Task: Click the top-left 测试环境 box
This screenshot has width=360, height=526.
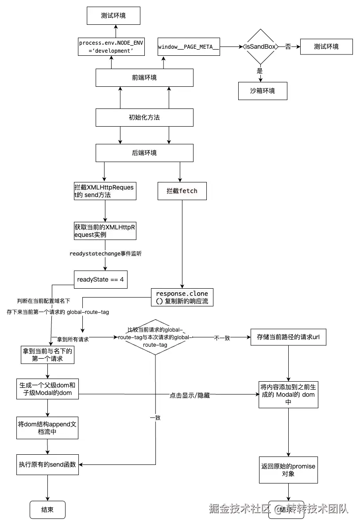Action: tap(113, 15)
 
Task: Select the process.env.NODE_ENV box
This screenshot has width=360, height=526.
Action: tap(111, 47)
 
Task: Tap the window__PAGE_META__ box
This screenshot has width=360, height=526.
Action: tap(189, 46)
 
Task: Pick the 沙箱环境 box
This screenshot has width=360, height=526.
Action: tap(262, 90)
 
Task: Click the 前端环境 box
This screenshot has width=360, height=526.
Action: tap(144, 77)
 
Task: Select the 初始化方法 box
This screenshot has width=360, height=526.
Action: tap(144, 117)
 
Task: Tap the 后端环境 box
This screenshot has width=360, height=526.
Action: tap(144, 153)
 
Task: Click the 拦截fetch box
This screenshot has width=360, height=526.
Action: tap(182, 191)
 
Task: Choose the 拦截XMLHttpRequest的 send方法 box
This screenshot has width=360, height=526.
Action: tap(105, 191)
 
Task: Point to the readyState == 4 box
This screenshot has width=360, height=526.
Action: tap(100, 279)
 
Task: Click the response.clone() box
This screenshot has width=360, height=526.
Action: tap(182, 297)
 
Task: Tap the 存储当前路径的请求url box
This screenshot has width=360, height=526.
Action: tap(288, 337)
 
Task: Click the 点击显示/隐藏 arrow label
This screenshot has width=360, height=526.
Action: tap(190, 395)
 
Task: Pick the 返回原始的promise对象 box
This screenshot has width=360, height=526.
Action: tap(288, 470)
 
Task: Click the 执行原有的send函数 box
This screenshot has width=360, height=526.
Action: tap(47, 464)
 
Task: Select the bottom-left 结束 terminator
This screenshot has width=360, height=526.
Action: tap(47, 510)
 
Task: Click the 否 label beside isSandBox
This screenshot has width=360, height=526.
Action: tap(288, 46)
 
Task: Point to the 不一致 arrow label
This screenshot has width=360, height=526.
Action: tap(222, 337)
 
